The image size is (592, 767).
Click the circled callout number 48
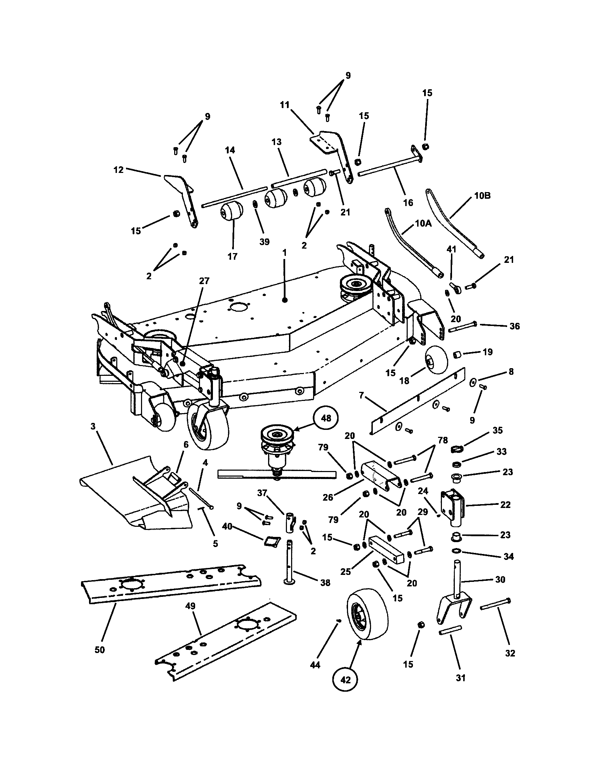click(x=326, y=418)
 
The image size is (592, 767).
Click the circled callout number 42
click(x=346, y=679)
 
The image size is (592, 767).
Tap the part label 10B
click(x=482, y=196)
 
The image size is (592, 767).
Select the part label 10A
click(x=423, y=223)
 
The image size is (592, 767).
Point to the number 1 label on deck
click(x=284, y=252)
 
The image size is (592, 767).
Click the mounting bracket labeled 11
click(x=334, y=151)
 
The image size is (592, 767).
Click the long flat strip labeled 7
click(x=418, y=400)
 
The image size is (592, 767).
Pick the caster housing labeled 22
click(x=453, y=506)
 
